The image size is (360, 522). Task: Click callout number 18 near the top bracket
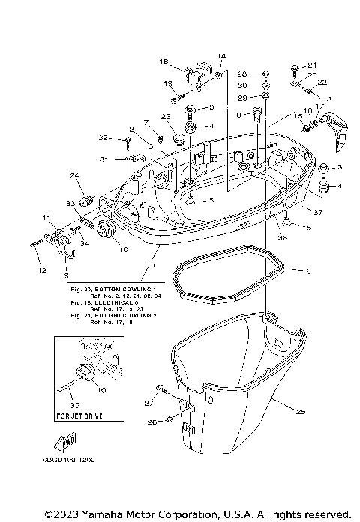tap(164, 61)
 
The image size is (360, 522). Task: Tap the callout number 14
tap(221, 57)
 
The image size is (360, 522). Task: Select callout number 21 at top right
tap(313, 64)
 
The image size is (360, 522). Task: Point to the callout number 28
tap(242, 75)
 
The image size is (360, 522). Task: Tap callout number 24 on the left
tap(75, 175)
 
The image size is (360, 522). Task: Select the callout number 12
tap(42, 269)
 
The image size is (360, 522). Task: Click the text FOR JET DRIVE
tap(79, 415)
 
